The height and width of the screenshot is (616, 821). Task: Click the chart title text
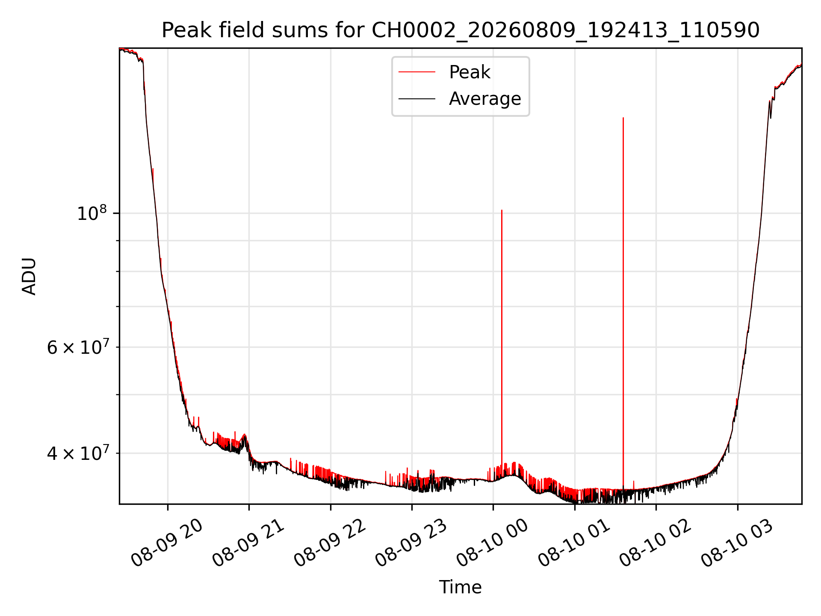pos(461,30)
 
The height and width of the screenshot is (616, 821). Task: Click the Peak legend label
pos(470,72)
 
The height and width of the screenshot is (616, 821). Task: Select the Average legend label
pos(485,99)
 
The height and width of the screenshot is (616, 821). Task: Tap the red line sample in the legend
pos(417,72)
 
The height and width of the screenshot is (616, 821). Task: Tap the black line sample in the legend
pos(417,99)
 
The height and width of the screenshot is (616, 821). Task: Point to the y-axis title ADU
pos(29,276)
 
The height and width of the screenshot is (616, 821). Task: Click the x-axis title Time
pos(461,587)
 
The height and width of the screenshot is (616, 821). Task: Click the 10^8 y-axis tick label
pos(92,213)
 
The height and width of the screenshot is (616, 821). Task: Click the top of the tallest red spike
pos(623,118)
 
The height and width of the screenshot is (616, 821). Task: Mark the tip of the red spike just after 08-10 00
pos(502,210)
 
